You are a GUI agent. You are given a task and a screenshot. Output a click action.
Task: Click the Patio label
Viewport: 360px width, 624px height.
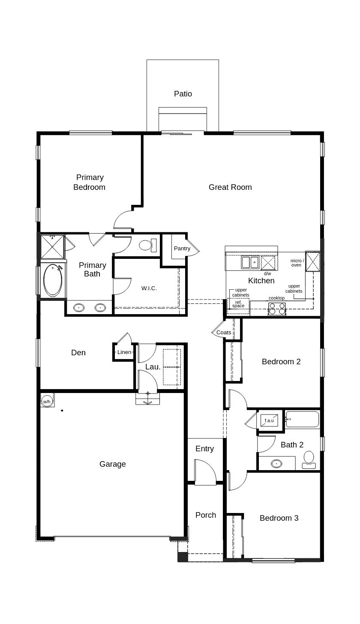183,93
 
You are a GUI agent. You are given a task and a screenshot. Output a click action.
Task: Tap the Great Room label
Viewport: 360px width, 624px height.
230,187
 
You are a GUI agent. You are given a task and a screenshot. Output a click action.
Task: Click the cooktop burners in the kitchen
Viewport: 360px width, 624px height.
277,309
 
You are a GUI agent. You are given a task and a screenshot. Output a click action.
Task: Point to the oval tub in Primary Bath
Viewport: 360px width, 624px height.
53,280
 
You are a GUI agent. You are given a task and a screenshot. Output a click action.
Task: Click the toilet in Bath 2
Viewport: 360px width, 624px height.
309,460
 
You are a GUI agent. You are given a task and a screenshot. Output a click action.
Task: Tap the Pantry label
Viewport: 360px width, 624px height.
182,248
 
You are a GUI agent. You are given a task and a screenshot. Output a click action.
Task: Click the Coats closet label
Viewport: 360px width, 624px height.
224,332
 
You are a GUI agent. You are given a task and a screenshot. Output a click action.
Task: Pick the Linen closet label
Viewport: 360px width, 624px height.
124,352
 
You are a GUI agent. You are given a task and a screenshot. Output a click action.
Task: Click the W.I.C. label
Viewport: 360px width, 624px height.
149,288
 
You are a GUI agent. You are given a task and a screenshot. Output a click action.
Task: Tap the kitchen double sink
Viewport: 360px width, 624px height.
250,262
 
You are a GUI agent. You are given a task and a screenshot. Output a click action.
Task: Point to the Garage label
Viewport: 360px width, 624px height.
113,464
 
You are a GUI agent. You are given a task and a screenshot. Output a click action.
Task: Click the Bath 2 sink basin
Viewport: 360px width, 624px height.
276,464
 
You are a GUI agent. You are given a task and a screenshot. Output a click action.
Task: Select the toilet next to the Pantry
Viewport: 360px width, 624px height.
148,245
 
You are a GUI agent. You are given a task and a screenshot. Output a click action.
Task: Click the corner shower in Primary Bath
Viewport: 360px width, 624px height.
52,247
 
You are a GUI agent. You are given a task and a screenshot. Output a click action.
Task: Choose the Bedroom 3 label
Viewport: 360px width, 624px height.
279,518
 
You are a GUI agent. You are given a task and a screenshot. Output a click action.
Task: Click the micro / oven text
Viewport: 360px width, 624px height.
297,263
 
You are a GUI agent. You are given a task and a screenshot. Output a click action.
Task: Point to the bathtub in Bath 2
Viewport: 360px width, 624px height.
302,419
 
